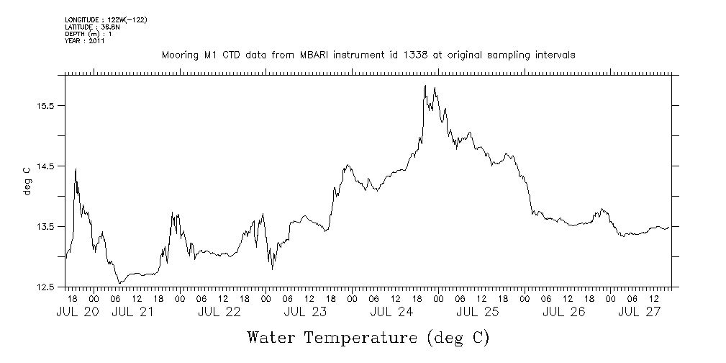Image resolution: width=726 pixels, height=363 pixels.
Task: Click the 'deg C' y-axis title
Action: coord(27,181)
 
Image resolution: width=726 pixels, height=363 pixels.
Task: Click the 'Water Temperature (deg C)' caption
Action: coord(368,337)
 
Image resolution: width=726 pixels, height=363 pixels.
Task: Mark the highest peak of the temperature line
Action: coord(425,86)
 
